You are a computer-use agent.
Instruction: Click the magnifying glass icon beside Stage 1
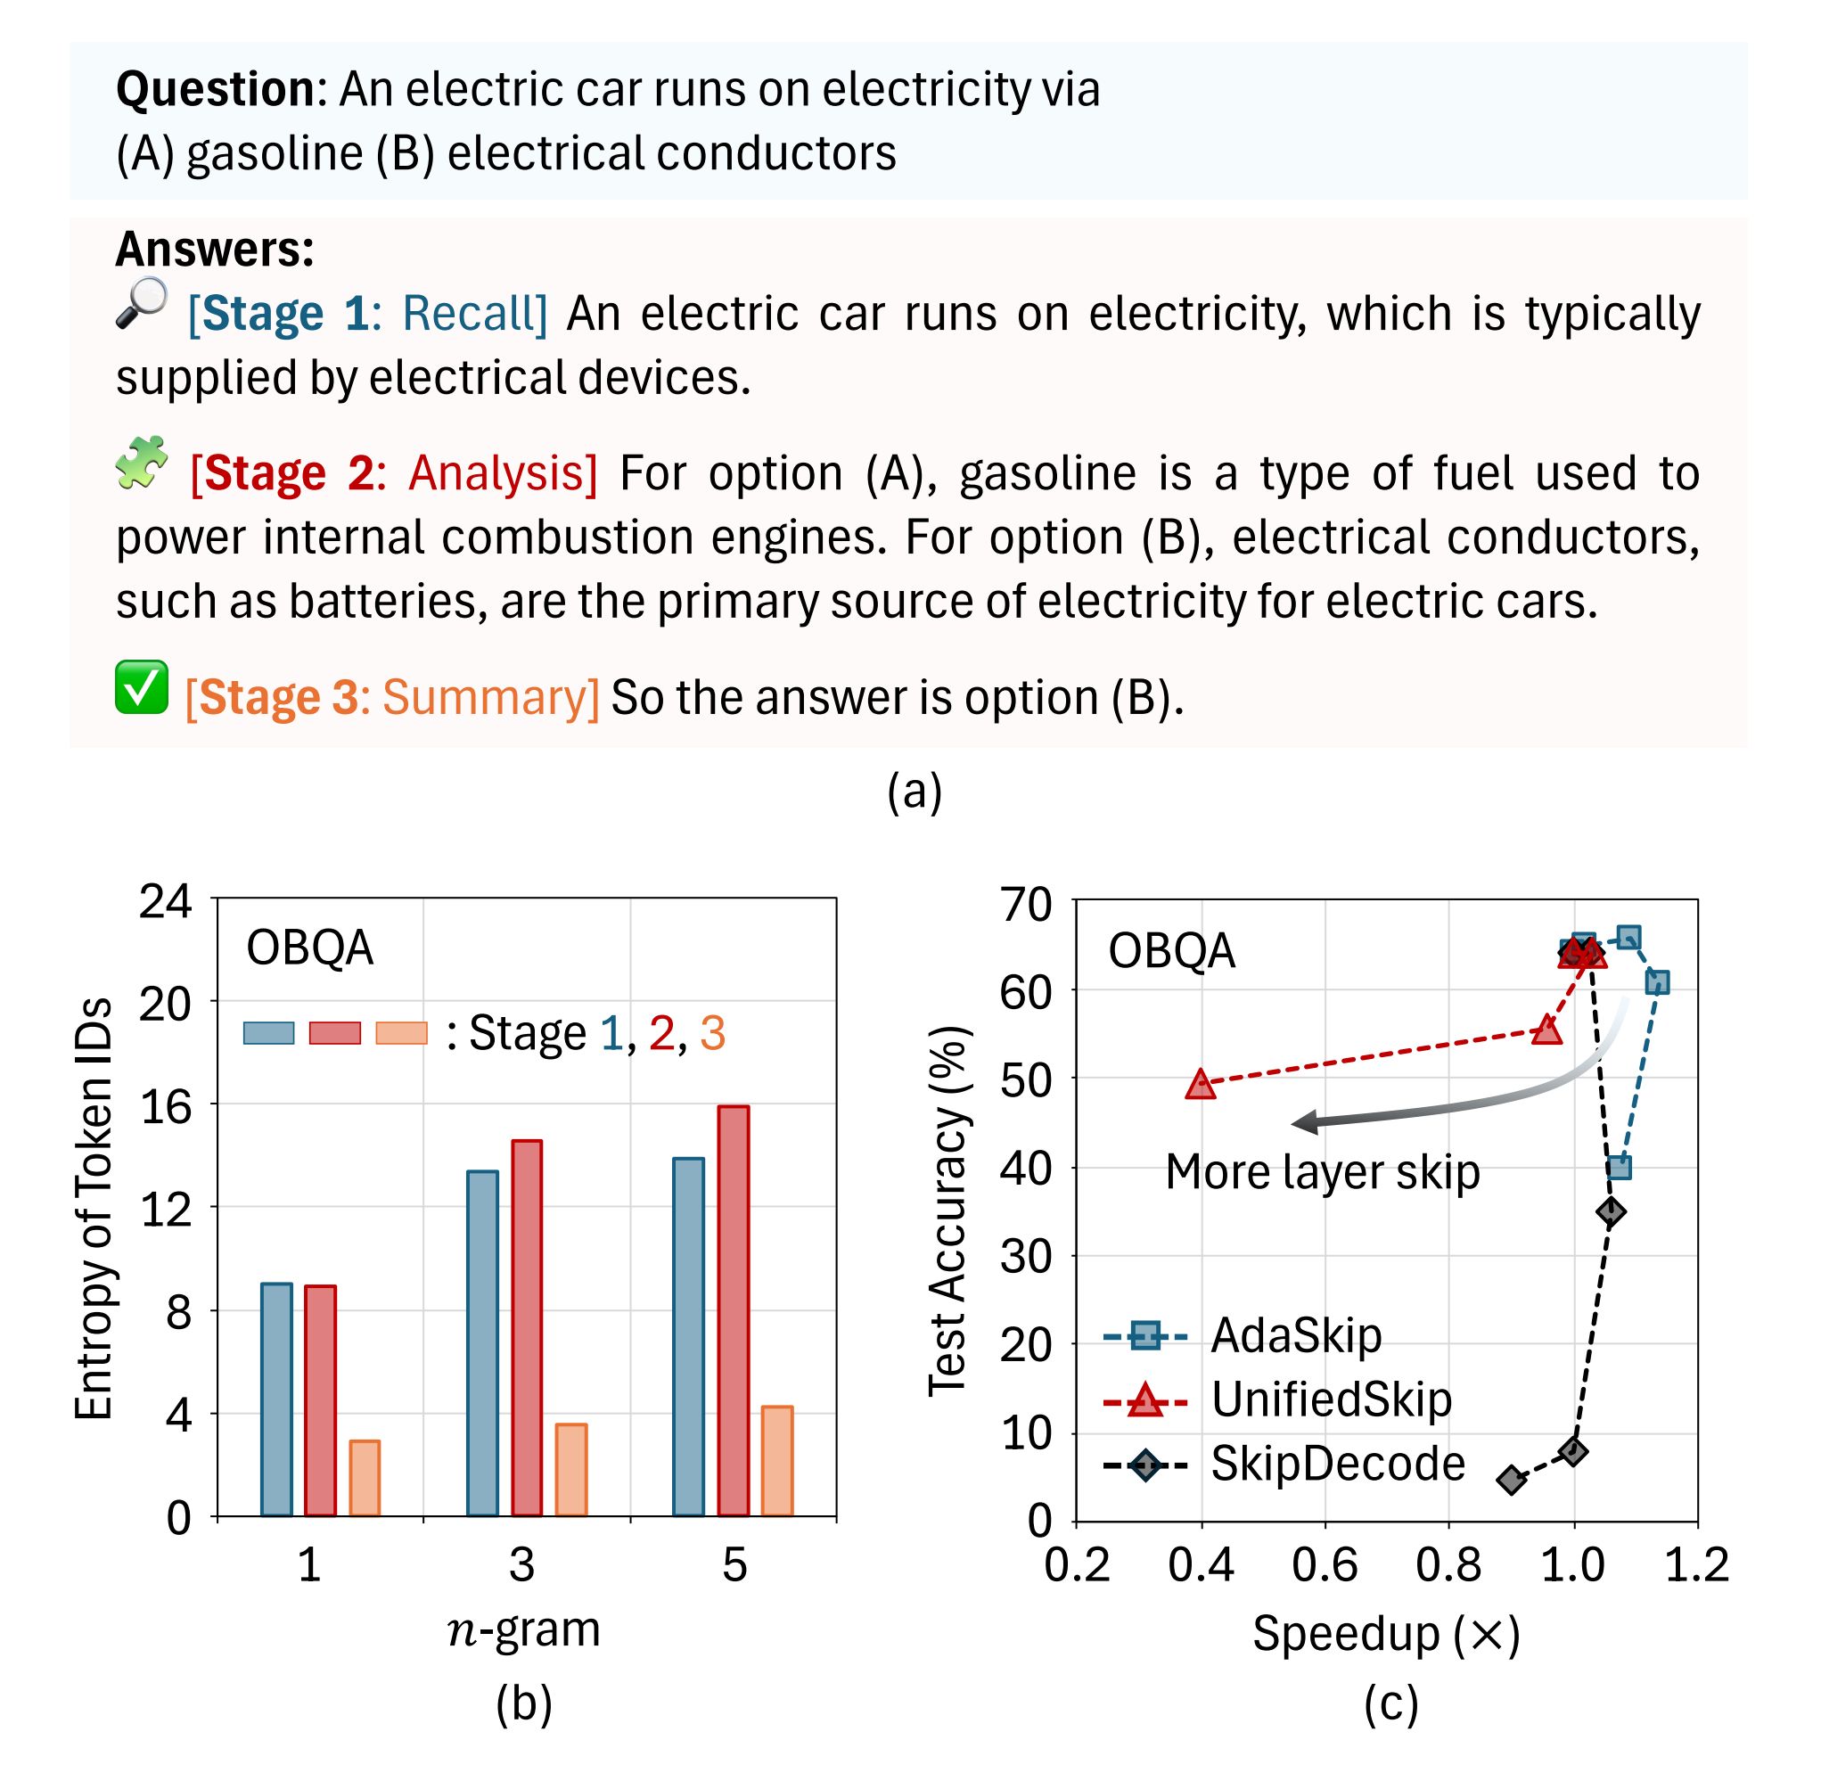[142, 303]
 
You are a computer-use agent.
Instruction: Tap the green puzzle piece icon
[142, 464]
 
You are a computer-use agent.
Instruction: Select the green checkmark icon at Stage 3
[142, 687]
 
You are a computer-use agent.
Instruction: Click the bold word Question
[215, 89]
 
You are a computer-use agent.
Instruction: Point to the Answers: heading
[214, 250]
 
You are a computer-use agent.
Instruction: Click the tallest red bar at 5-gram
[733, 1309]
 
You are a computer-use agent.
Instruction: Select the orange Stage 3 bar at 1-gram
[365, 1477]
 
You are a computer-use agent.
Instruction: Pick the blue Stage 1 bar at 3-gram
[482, 1342]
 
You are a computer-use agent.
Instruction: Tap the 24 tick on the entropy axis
[166, 902]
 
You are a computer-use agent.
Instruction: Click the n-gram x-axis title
[523, 1629]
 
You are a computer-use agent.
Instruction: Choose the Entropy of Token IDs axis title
[94, 1208]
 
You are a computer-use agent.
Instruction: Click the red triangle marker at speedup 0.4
[1201, 1085]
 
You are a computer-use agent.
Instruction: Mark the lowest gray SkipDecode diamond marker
[1511, 1481]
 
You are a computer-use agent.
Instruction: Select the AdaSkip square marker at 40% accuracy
[1618, 1168]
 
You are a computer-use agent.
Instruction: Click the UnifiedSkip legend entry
[1278, 1399]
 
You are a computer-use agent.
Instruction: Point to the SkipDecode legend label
[1337, 1464]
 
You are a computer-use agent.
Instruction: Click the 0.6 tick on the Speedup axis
[1324, 1565]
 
